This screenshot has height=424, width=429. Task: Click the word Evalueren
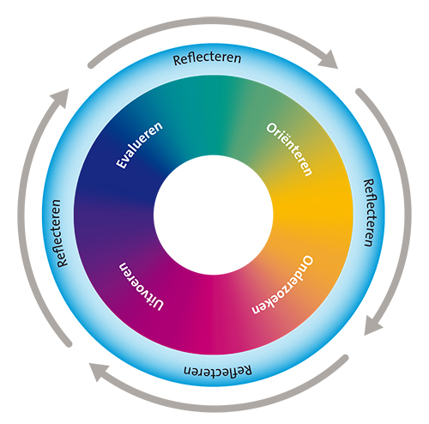pos(139,145)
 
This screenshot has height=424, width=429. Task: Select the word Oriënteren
pos(289,149)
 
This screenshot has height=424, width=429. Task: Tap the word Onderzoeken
pos(282,285)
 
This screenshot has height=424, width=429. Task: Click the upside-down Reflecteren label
pos(218,370)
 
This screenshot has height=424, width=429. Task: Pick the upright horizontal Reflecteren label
pos(208,58)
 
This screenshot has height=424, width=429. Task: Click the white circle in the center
pos(214,215)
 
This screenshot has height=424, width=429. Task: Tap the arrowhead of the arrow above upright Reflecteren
pos(329,60)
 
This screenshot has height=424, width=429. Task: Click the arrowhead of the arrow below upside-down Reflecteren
pos(98,371)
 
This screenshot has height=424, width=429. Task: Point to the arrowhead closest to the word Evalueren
pos(62,97)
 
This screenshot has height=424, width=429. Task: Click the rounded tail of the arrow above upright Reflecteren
pos(91,65)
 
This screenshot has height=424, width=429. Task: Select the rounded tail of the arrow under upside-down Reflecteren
pos(346,358)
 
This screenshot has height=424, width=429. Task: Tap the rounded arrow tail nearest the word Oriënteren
pos(359,92)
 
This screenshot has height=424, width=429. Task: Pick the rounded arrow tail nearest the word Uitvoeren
pos(69,344)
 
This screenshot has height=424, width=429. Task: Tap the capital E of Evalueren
pos(121,163)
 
